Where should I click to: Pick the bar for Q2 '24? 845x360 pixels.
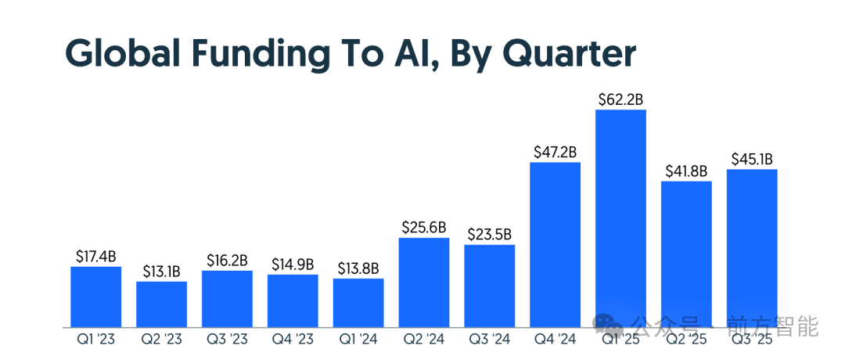[423, 282]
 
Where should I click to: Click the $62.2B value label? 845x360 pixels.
[620, 99]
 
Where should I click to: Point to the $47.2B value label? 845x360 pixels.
[555, 152]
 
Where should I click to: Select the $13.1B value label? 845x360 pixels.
[161, 272]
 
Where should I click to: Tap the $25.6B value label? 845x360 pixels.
[423, 228]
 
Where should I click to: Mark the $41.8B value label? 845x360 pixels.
[686, 171]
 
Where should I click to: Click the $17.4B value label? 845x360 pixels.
[95, 256]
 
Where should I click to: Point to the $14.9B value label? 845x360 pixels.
[293, 264]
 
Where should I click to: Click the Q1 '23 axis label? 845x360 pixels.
[95, 340]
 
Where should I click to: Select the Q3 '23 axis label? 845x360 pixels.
[227, 340]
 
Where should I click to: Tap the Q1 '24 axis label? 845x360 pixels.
[358, 340]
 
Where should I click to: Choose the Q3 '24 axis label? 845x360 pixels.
[489, 340]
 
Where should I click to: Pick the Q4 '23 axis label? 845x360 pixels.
[293, 340]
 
